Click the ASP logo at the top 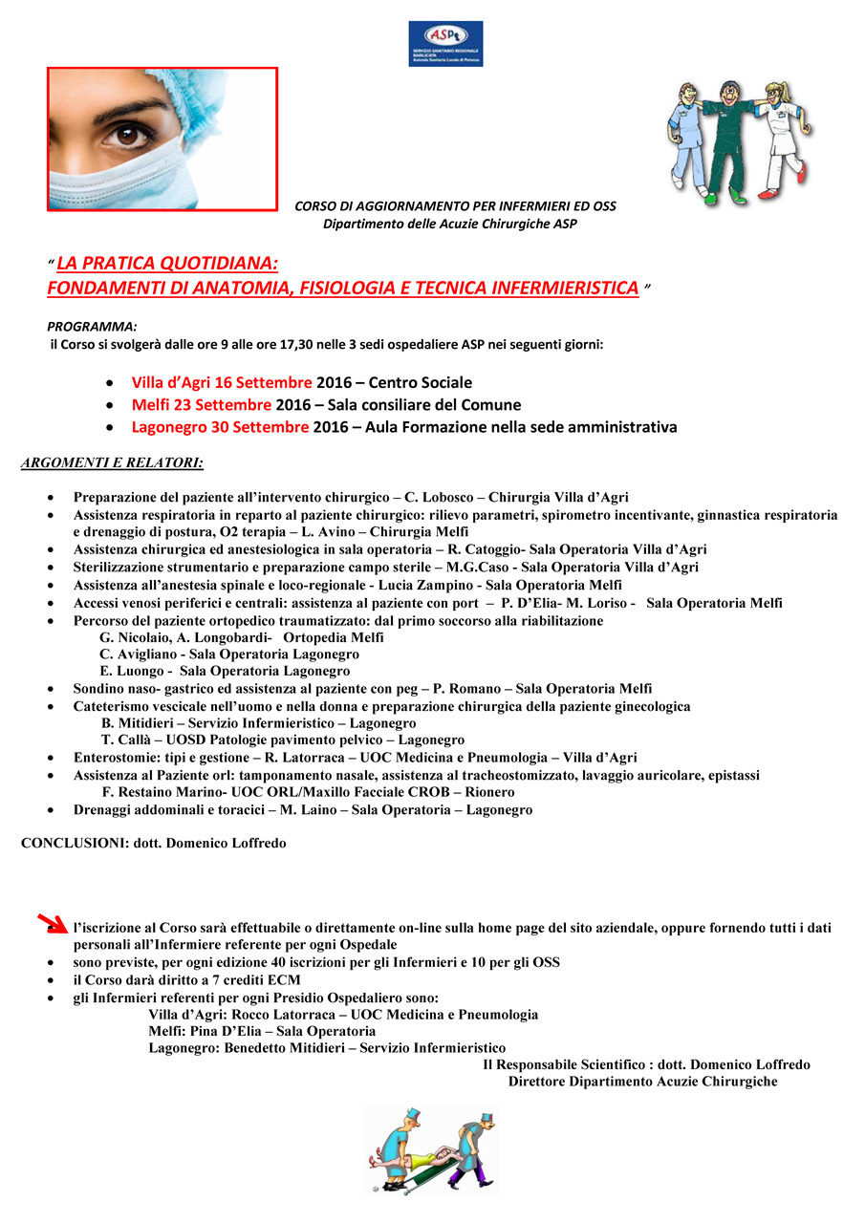tap(445, 44)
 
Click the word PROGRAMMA tap(92, 326)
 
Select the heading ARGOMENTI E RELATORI tap(112, 464)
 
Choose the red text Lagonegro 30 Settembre tap(221, 427)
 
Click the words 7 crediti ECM tap(261, 980)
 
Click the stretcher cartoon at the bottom tap(432, 1150)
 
